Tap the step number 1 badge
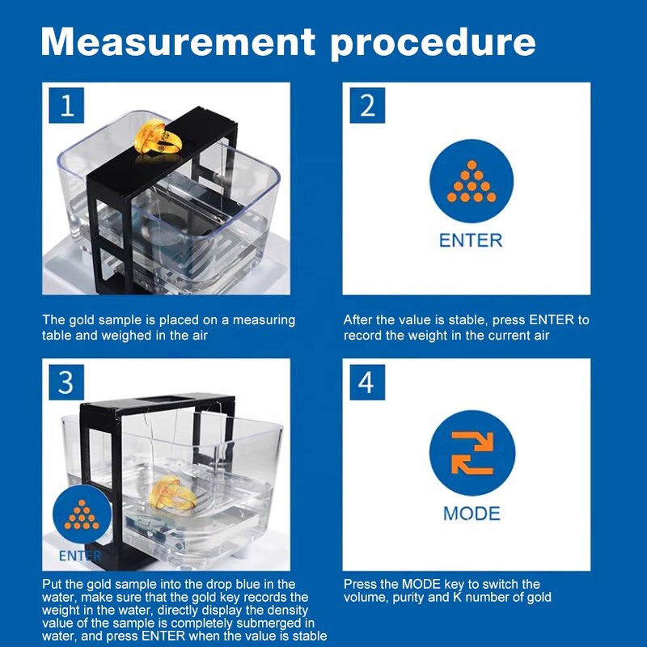(67, 105)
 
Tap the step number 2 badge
(367, 105)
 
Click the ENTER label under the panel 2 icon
(471, 240)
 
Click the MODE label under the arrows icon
(472, 514)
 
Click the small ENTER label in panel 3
(80, 556)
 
